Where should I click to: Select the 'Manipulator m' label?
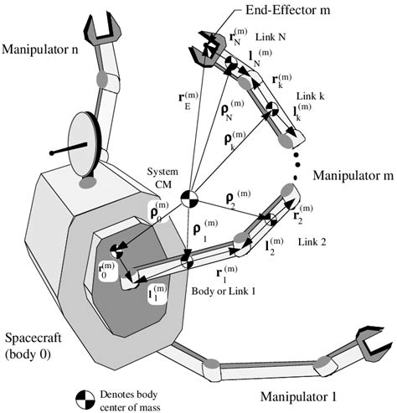353,177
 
